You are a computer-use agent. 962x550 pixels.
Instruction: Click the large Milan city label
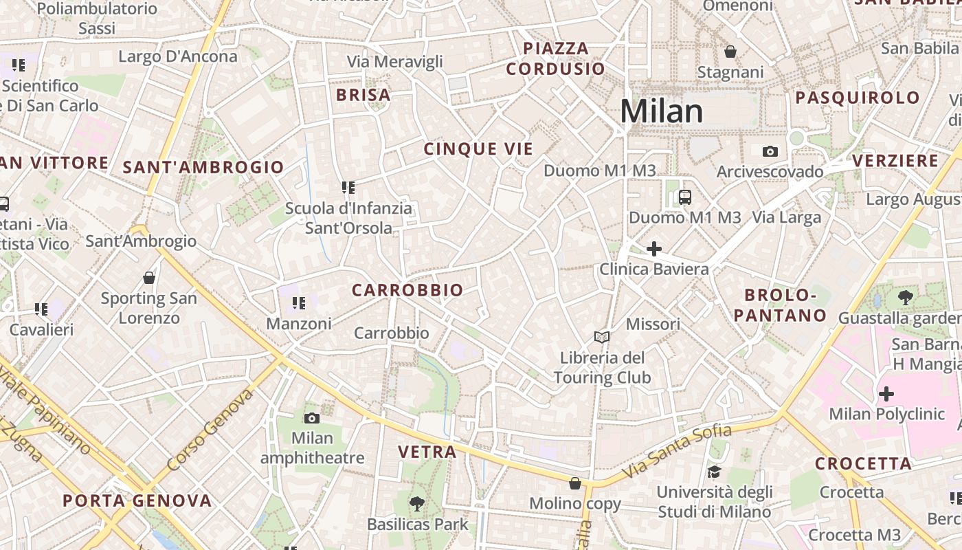pos(662,111)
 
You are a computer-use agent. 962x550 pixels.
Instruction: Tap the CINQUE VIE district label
pos(478,149)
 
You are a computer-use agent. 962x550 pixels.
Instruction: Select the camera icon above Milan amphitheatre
pos(312,418)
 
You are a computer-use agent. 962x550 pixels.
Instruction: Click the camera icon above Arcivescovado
pos(770,151)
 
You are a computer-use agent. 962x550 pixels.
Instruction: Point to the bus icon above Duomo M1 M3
pos(684,197)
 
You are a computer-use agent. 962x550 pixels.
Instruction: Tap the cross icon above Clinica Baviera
pos(653,248)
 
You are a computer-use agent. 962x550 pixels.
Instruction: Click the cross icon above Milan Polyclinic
pos(886,394)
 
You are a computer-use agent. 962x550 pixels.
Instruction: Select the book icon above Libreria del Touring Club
pos(602,337)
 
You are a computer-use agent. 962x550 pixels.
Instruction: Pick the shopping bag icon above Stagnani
pos(730,52)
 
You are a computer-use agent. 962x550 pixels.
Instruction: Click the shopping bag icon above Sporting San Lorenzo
pos(149,278)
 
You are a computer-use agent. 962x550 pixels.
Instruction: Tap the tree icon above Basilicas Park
pos(416,504)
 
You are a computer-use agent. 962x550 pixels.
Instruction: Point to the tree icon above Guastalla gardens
pos(905,298)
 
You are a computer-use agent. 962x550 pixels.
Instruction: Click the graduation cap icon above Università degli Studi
pos(714,472)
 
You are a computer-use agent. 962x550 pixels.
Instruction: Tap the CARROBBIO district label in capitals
pos(407,291)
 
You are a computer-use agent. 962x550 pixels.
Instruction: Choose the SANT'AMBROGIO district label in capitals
pos(203,167)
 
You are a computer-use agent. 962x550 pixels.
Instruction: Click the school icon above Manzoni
pos(298,302)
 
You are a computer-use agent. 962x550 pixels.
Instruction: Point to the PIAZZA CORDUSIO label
pos(556,58)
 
